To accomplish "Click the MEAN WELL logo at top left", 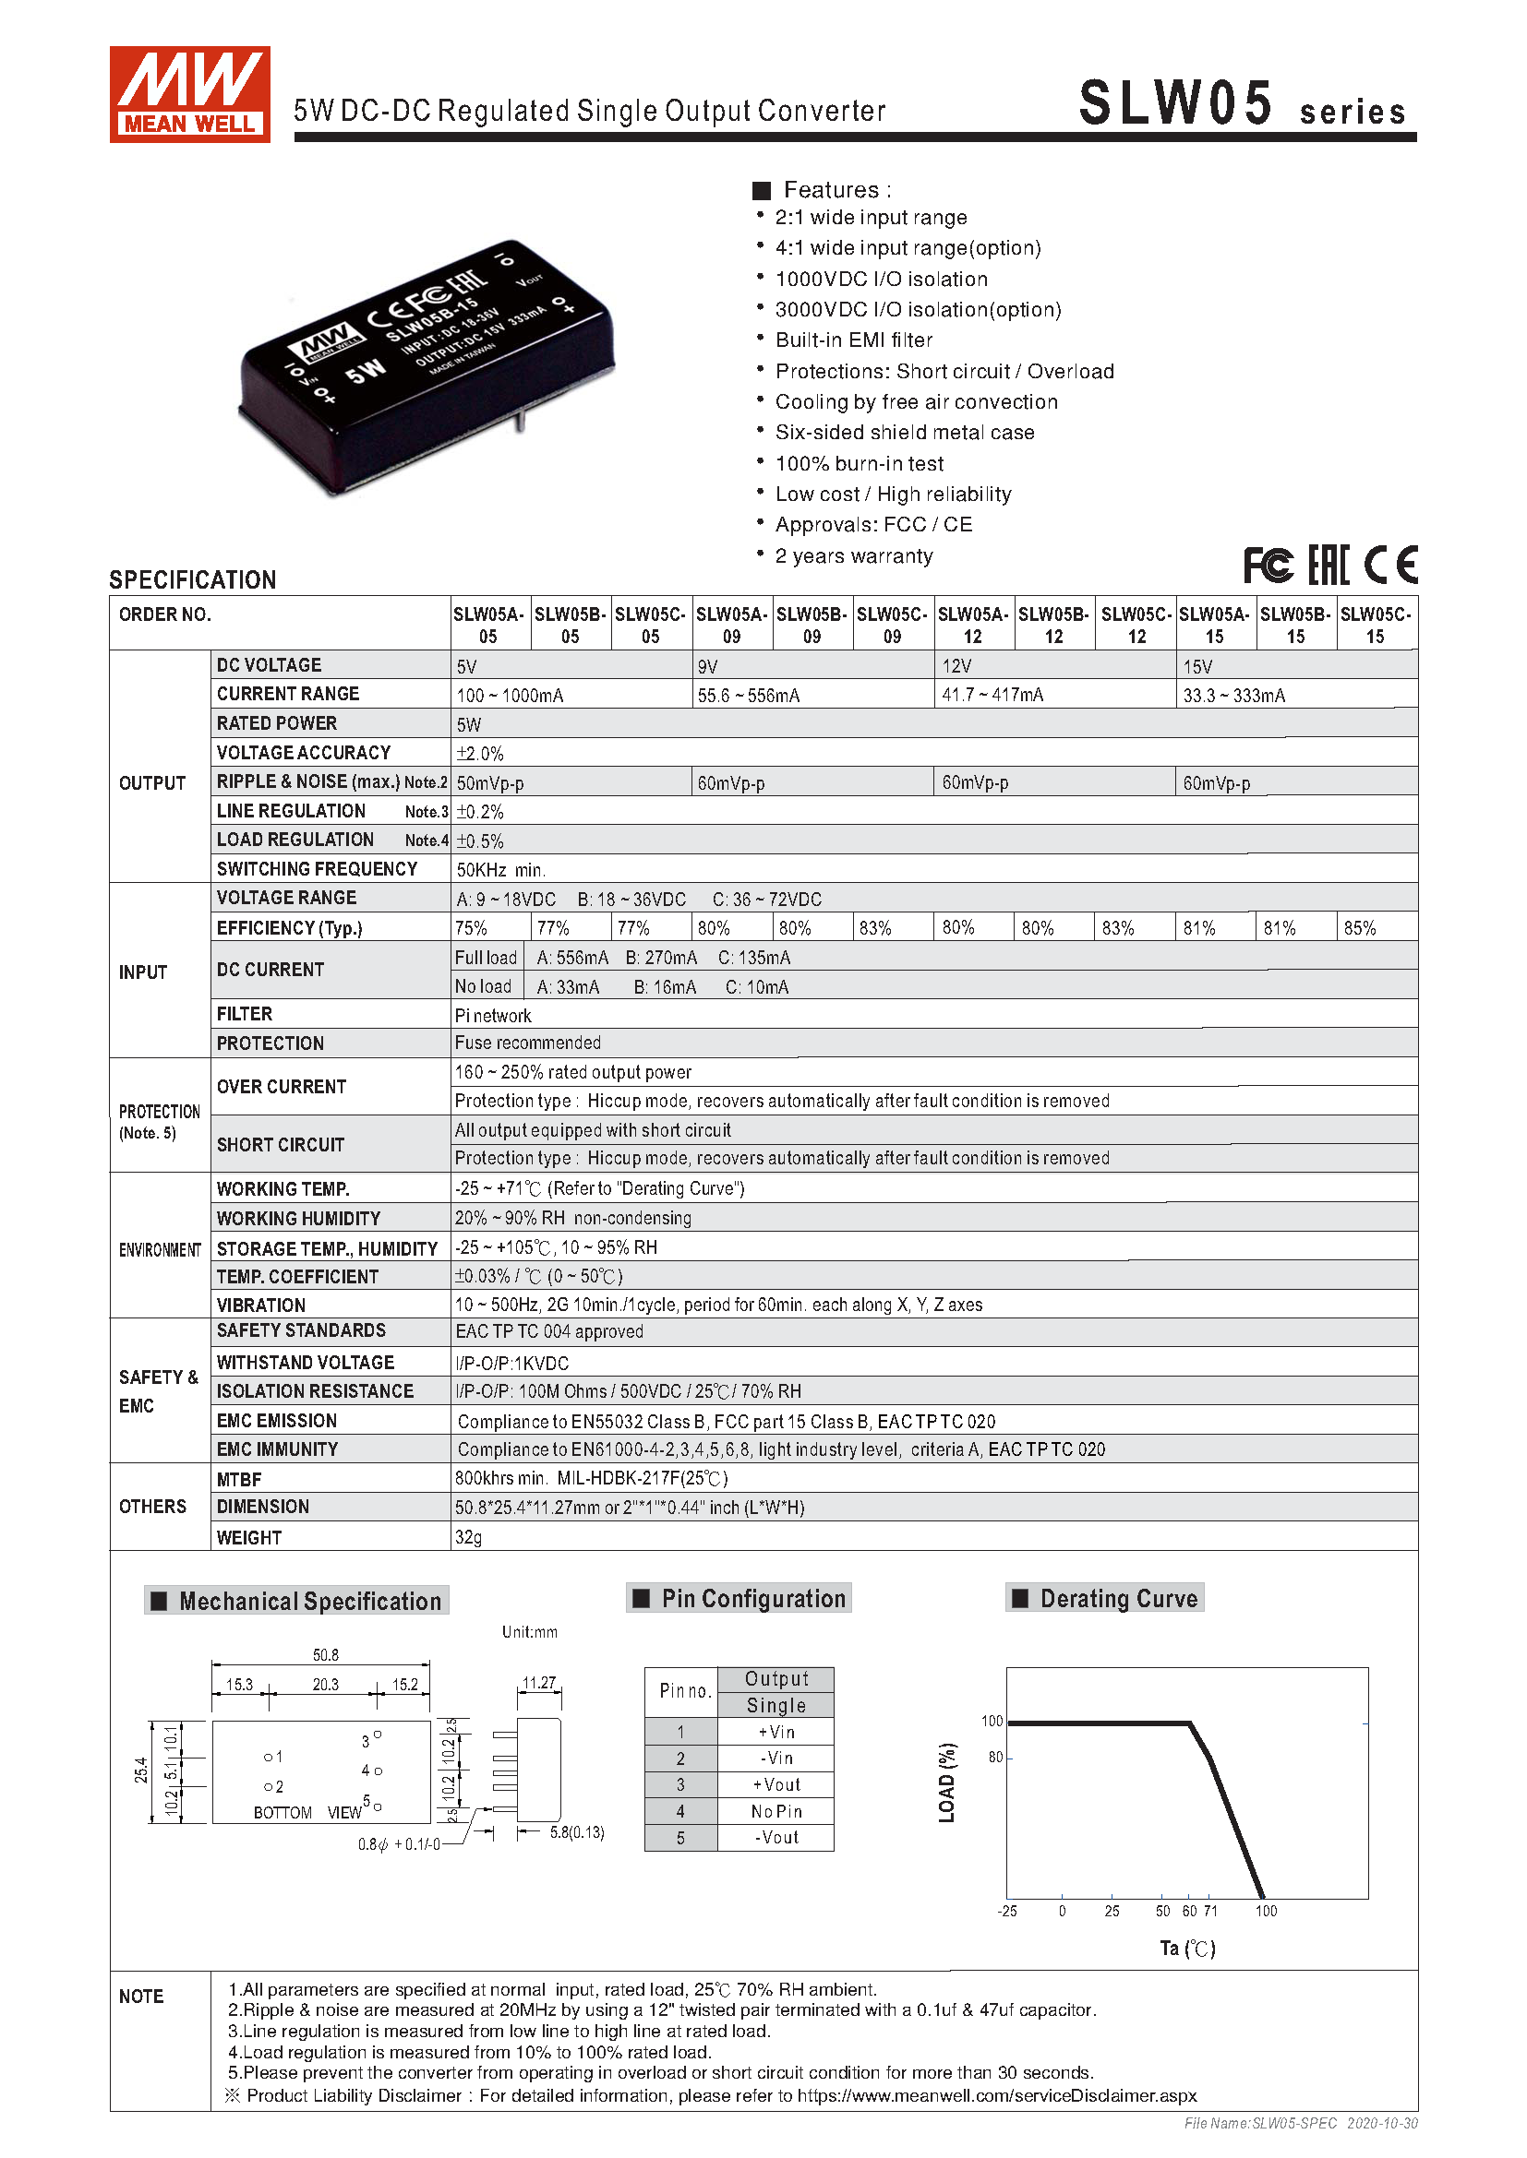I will point(189,94).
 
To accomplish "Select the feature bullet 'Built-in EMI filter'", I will point(853,340).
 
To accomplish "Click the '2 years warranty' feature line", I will point(853,556).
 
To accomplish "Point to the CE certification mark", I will point(1390,565).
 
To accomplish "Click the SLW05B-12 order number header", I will point(1053,625).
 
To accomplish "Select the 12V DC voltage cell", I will point(956,666).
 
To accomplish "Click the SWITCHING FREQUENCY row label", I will point(317,869).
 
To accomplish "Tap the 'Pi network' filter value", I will point(493,1015).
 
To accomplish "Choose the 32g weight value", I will point(468,1538).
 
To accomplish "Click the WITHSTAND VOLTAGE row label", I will point(306,1362).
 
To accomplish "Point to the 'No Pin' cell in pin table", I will point(776,1811).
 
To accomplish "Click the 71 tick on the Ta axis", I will point(1210,1911).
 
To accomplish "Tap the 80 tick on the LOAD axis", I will point(995,1758).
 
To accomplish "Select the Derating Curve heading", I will point(1118,1599).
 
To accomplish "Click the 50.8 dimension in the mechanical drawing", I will point(325,1655).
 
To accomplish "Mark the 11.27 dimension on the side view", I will point(539,1683).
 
